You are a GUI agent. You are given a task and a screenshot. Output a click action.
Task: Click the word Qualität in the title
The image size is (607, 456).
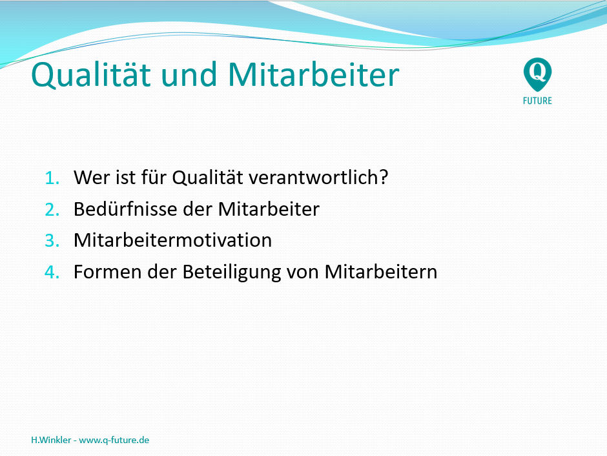click(91, 75)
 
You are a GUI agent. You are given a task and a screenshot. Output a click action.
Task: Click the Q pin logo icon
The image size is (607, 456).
click(537, 74)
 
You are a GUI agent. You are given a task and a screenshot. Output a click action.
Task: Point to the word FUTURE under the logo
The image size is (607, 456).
click(537, 101)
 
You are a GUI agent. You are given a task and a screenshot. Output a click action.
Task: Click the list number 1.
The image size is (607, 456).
click(52, 178)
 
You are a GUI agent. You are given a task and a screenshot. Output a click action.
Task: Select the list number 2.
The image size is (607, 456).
click(52, 209)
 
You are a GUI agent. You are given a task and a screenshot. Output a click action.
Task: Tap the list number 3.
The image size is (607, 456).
click(52, 240)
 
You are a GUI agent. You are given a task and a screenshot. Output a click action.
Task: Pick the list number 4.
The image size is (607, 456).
click(52, 272)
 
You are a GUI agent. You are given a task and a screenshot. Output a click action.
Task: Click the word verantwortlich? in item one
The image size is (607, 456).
click(318, 177)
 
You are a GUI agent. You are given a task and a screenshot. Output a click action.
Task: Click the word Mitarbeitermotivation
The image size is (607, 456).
click(172, 240)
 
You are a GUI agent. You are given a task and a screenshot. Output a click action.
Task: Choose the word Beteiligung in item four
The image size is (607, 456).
click(231, 272)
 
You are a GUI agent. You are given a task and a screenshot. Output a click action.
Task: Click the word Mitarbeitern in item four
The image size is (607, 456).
click(381, 272)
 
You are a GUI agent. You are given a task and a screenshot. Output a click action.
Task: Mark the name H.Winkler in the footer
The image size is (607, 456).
click(51, 440)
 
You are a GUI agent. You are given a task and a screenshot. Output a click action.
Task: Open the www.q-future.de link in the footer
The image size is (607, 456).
click(114, 440)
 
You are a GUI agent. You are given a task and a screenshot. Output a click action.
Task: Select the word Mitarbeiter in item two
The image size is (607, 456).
click(269, 209)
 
